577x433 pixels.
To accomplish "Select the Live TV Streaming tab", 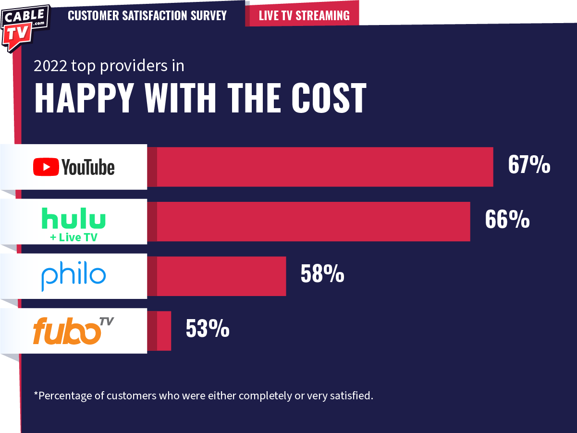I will [304, 15].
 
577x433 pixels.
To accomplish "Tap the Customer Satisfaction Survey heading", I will [147, 15].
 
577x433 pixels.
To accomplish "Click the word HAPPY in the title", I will [84, 98].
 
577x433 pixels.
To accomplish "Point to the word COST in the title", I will [329, 98].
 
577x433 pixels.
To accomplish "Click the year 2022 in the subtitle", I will [50, 66].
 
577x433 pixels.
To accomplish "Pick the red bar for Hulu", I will [312, 222].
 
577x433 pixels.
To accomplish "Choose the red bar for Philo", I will [221, 276].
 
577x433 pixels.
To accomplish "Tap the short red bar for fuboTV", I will [164, 331].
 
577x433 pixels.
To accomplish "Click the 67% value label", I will [529, 165].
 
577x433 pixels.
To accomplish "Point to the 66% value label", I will [507, 220].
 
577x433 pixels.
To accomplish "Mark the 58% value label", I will [322, 274].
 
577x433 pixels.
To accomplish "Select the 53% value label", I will [208, 329].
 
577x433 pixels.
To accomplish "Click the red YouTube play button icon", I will [46, 167].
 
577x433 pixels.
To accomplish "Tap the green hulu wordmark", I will [74, 218].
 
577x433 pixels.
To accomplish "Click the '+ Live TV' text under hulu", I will [74, 237].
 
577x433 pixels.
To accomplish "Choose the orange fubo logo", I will [67, 332].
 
